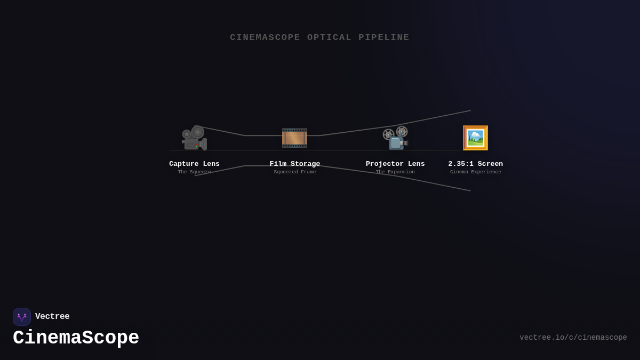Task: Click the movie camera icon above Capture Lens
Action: click(194, 138)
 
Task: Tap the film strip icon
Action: click(294, 138)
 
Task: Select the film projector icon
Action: click(395, 138)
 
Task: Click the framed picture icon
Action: click(475, 138)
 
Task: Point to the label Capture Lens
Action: click(194, 164)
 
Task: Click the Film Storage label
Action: click(295, 164)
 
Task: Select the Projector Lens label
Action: click(395, 164)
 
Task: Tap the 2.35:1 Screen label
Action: click(475, 164)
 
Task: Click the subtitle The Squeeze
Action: click(194, 172)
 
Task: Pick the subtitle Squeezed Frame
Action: click(295, 172)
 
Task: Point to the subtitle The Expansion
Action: click(395, 172)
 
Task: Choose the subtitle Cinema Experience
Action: click(475, 172)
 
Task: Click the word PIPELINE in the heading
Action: click(384, 37)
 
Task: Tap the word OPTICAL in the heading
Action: click(329, 37)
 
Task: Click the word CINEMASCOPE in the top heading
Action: click(265, 37)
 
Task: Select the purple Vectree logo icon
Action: click(22, 317)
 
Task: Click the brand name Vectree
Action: click(52, 316)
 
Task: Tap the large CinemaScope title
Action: click(76, 338)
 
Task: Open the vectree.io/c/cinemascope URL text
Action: click(573, 338)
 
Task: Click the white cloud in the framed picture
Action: click(475, 134)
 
